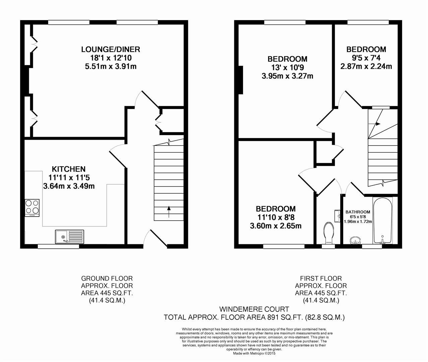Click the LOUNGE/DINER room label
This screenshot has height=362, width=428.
click(111, 50)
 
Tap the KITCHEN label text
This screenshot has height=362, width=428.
click(68, 169)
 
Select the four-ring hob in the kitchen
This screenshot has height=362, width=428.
click(32, 208)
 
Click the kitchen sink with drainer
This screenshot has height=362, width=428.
click(70, 237)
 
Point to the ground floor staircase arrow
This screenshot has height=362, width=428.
click(169, 212)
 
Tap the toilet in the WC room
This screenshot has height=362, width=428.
click(328, 233)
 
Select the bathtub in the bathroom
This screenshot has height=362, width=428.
click(382, 220)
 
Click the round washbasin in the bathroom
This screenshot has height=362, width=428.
click(355, 241)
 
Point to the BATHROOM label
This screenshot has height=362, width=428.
click(358, 212)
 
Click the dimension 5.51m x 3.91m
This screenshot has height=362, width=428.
click(111, 66)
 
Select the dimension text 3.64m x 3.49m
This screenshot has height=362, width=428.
click(69, 186)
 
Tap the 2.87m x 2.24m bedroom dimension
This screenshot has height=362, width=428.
click(366, 66)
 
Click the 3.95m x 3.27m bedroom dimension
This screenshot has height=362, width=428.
click(288, 76)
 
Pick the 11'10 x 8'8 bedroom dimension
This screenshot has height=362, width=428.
click(276, 217)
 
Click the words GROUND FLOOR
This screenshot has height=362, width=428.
click(107, 279)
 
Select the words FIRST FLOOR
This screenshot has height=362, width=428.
click(321, 279)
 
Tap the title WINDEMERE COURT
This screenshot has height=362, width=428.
click(254, 309)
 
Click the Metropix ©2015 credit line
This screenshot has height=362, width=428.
click(254, 354)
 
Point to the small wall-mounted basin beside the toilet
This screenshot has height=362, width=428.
click(337, 216)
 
